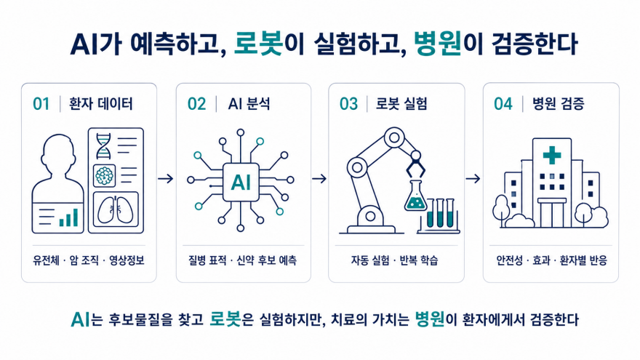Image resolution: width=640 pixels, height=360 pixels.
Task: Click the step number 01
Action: [x=41, y=104]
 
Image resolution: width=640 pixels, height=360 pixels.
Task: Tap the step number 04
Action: [x=503, y=104]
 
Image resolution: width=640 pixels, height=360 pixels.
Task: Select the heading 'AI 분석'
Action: [x=249, y=104]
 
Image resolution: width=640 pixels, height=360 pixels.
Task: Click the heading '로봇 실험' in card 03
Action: [x=401, y=104]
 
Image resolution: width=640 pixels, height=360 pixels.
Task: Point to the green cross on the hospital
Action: [x=552, y=155]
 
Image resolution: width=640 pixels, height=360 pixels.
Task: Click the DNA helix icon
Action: [x=103, y=145]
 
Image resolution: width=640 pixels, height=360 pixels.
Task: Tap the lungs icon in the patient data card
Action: [x=116, y=210]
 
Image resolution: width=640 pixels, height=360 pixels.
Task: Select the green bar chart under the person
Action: [x=68, y=217]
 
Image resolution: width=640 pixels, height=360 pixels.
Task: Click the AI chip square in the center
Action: [x=241, y=182]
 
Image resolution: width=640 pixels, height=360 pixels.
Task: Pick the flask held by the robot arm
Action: [x=415, y=197]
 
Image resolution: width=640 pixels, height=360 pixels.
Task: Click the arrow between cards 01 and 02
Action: [x=166, y=179]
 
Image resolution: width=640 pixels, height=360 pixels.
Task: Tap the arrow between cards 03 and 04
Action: [x=473, y=179]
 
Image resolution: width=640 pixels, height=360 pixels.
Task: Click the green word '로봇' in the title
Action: [x=258, y=44]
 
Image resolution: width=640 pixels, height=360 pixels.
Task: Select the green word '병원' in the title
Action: [x=438, y=44]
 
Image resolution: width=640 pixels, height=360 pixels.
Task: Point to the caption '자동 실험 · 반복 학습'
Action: [x=395, y=260]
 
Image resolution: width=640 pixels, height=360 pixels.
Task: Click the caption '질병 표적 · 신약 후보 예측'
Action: [x=242, y=260]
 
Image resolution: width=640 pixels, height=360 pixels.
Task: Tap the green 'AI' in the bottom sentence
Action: [x=80, y=319]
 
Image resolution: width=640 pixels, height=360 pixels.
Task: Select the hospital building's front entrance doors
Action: [x=552, y=214]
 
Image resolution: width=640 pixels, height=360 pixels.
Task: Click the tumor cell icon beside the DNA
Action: [x=105, y=176]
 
